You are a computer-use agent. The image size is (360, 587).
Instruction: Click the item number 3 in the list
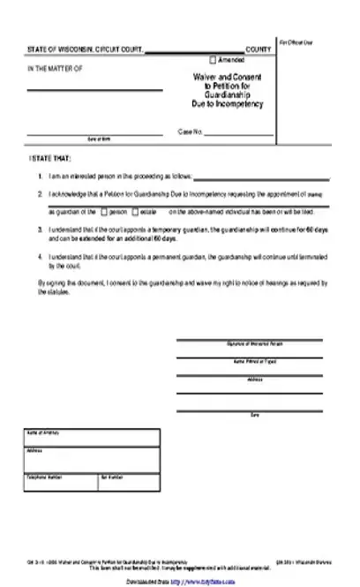click(40, 229)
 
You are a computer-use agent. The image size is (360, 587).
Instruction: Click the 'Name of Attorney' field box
click(93, 440)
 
